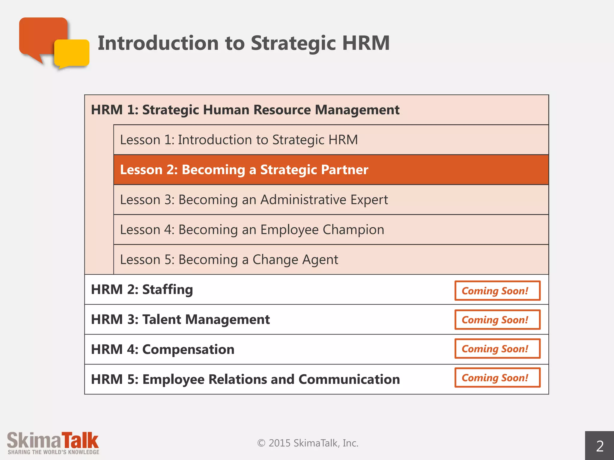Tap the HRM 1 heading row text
click(x=245, y=110)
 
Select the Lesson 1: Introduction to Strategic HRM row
click(x=239, y=140)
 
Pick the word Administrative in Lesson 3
click(x=303, y=200)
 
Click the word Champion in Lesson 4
click(x=353, y=230)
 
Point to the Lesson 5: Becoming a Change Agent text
click(x=229, y=260)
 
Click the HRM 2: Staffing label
click(x=142, y=290)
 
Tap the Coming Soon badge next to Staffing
click(x=497, y=290)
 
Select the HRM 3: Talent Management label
click(x=180, y=320)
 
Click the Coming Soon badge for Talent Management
click(x=497, y=320)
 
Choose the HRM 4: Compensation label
click(x=162, y=349)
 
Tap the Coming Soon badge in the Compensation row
click(x=497, y=349)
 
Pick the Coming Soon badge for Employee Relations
click(x=497, y=378)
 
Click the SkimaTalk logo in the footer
click(x=53, y=443)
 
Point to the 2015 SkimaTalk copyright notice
click(x=308, y=443)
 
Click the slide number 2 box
click(x=599, y=446)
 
